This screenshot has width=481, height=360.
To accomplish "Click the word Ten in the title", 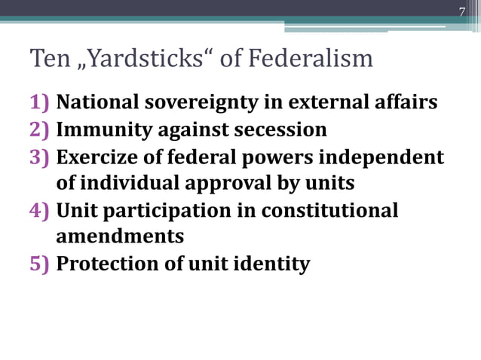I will [x=44, y=57].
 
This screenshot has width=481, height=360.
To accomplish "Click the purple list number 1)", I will [x=40, y=102].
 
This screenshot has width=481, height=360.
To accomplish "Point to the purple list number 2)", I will [x=40, y=130].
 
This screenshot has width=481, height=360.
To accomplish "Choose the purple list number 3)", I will [x=40, y=157].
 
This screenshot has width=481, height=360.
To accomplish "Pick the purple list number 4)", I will [x=40, y=210].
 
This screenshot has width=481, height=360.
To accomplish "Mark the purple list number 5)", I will [x=40, y=264].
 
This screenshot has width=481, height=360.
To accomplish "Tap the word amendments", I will [x=120, y=236].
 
